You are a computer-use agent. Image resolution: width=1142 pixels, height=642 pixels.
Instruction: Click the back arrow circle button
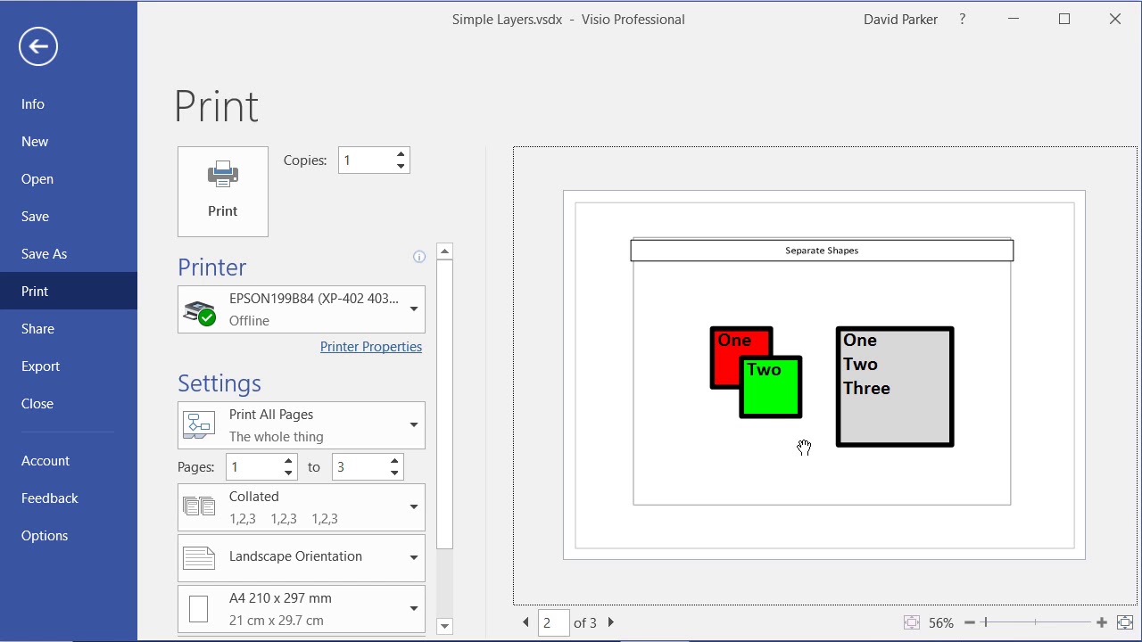(38, 46)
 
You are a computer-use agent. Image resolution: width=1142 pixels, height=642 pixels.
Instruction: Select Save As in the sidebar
(45, 254)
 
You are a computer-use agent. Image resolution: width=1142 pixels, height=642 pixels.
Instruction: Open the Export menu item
(41, 366)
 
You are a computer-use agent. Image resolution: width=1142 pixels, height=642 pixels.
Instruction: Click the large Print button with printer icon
(223, 192)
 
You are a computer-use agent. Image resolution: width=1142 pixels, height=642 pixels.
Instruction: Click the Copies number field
(366, 160)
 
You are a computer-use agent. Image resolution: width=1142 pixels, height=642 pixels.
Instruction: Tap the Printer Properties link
(371, 347)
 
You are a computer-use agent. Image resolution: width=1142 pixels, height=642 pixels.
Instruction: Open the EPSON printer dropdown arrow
(414, 309)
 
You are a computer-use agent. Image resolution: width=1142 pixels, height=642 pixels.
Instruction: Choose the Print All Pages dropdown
(302, 425)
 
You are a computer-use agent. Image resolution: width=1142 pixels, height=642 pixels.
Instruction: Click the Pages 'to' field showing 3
(360, 467)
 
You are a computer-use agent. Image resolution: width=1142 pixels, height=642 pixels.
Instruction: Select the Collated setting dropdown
(302, 507)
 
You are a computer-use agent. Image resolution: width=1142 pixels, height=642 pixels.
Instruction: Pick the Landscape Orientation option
(302, 557)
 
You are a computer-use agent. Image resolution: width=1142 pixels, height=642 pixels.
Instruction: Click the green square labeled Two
(772, 392)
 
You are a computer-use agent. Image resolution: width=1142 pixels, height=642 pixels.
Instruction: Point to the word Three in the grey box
(866, 389)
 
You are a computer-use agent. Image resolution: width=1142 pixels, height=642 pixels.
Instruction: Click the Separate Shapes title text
(822, 251)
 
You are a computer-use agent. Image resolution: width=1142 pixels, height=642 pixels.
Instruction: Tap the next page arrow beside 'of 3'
(611, 622)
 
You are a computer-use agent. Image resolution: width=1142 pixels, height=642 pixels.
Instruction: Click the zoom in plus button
(1102, 622)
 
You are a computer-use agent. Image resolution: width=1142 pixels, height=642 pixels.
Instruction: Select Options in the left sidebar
(45, 536)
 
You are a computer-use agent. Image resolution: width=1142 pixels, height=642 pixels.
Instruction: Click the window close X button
(1115, 19)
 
